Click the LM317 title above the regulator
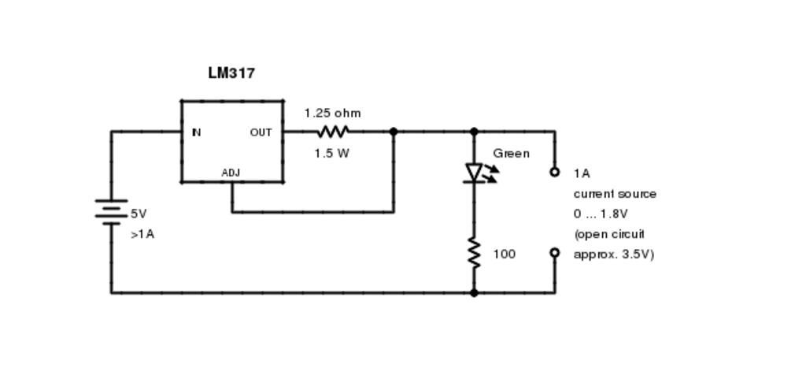click(231, 73)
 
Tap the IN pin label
click(196, 132)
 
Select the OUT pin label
click(261, 132)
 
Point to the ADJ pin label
click(231, 173)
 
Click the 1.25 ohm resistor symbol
click(332, 132)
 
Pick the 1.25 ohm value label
click(332, 113)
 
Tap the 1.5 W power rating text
click(331, 154)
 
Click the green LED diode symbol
click(475, 173)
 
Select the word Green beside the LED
click(511, 154)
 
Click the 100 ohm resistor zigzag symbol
click(474, 253)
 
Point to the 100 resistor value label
click(505, 254)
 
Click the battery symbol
click(111, 212)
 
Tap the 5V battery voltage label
click(139, 214)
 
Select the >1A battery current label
click(142, 234)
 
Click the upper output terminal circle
click(554, 172)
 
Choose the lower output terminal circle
click(554, 253)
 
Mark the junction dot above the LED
click(474, 132)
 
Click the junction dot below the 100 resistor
click(474, 293)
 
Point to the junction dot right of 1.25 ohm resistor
click(394, 132)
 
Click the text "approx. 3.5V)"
click(614, 255)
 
